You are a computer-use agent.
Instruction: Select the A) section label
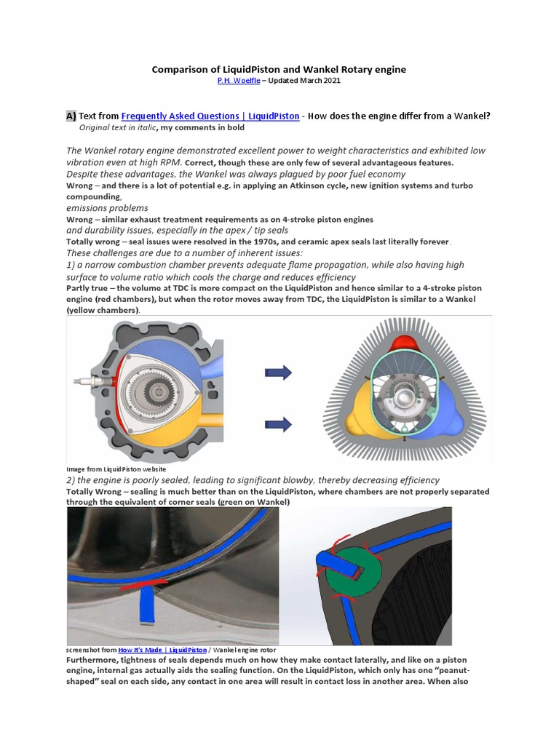(x=71, y=116)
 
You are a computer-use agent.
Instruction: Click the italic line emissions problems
(x=107, y=208)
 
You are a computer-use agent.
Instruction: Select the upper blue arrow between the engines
(x=278, y=372)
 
